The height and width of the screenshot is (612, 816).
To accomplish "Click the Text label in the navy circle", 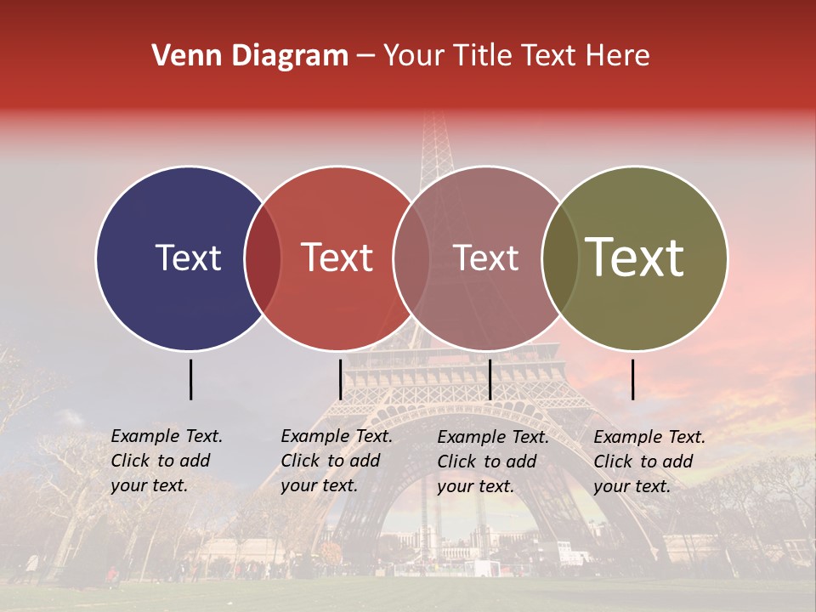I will tap(188, 258).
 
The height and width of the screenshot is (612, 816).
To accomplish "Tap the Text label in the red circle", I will tap(337, 258).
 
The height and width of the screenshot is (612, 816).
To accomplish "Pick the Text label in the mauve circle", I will tap(486, 258).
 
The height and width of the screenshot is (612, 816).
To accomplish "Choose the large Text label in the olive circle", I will tap(635, 258).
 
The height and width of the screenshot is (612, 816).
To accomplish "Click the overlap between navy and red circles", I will tap(263, 258).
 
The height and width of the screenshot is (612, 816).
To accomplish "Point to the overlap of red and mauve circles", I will tap(411, 258).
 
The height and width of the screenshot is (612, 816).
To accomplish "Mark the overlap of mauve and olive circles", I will tap(559, 258).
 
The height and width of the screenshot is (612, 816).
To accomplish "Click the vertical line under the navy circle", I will tap(190, 379).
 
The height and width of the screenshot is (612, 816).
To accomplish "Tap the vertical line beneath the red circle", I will tap(340, 379).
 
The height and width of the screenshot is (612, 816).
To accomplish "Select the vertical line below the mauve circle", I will tap(490, 379).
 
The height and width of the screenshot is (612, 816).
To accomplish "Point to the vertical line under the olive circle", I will tap(633, 379).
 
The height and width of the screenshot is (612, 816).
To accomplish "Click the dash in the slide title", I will tap(365, 56).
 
